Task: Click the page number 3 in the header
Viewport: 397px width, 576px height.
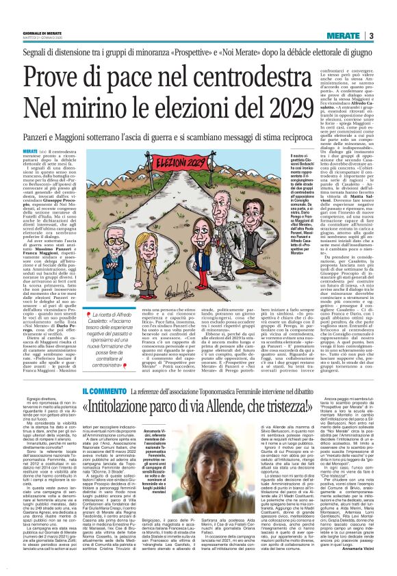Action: tap(389, 36)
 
